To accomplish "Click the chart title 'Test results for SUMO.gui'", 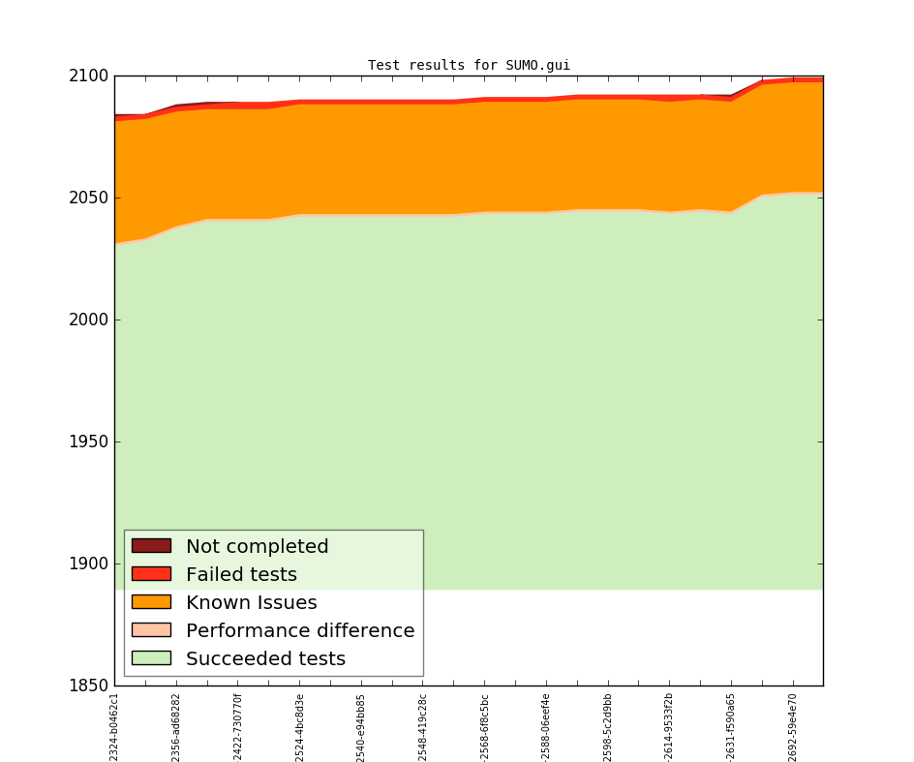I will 469,66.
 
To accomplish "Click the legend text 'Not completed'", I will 257,547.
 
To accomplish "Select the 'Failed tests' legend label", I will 241,575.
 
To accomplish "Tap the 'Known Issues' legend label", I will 251,603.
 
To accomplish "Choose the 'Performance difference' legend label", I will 300,631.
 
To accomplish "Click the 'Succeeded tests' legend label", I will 265,659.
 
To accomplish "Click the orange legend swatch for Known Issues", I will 151,602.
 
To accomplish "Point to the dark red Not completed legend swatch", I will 151,546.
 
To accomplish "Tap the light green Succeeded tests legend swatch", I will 151,658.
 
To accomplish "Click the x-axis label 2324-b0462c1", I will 114,727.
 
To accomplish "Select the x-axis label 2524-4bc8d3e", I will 300,727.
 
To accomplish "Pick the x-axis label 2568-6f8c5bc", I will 485,727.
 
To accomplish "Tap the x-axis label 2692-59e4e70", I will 793,727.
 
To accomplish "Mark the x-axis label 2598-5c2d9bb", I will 608,727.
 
